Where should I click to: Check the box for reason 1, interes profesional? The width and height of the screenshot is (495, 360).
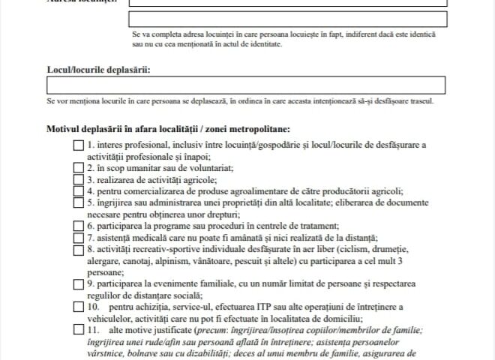[79, 145]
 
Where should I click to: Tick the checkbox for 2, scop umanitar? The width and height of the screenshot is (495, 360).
[79, 169]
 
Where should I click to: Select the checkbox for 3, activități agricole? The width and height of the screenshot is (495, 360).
[79, 180]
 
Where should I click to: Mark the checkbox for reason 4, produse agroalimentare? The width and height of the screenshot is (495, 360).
[79, 191]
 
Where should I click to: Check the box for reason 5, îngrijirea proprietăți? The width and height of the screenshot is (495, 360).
[79, 202]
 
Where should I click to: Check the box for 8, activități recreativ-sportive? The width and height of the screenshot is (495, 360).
[79, 248]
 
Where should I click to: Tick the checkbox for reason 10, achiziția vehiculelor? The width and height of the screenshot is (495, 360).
[79, 306]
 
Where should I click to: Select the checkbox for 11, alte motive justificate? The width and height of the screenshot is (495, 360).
[79, 329]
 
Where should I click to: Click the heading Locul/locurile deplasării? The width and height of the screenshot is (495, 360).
[98, 70]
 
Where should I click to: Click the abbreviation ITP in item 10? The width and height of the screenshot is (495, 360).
[257, 306]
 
